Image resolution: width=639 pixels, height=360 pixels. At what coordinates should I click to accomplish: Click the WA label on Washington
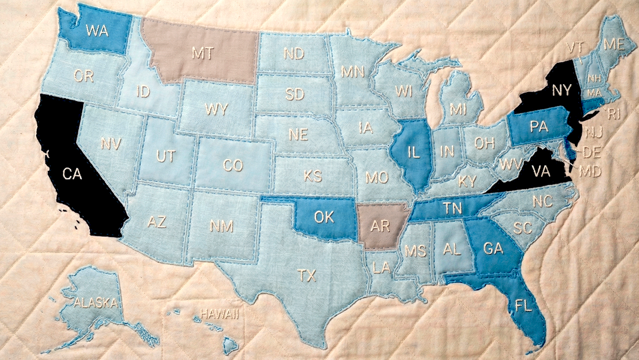point(96,30)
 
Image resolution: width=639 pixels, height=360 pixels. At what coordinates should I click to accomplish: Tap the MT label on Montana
point(203,53)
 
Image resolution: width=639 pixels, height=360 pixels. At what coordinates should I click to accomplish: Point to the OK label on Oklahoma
point(324,217)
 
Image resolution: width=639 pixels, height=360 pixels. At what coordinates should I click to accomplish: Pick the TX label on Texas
point(306,275)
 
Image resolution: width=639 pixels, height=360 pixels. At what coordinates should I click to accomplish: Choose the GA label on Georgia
point(494,248)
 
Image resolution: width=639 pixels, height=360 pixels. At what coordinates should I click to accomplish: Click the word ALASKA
point(96,303)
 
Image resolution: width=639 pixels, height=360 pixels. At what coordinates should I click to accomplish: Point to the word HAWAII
point(218,314)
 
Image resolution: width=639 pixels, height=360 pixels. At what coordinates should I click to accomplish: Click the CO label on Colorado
point(233,166)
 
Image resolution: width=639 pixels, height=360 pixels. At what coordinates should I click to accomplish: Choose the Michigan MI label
point(457,110)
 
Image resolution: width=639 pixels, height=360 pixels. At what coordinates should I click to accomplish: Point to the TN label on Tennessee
point(453,209)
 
